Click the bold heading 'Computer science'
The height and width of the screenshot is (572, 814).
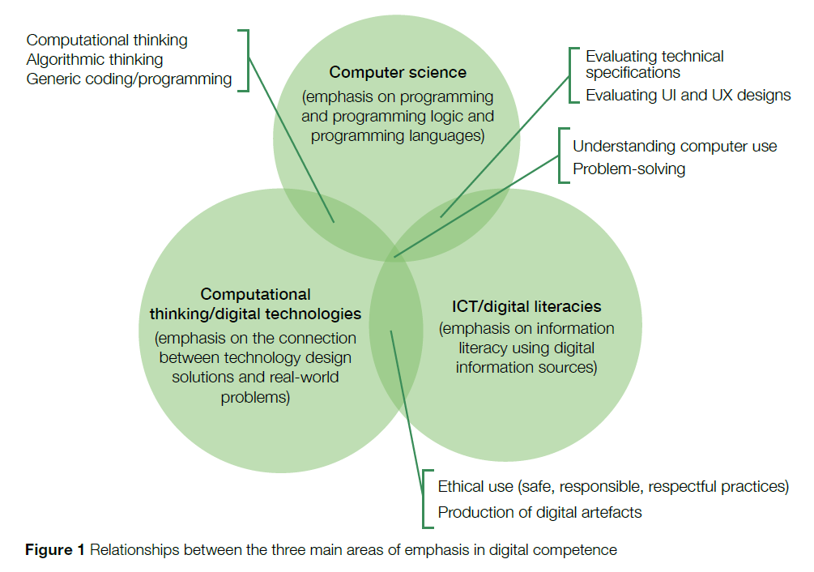pos(398,72)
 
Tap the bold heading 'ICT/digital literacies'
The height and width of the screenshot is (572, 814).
pos(526,306)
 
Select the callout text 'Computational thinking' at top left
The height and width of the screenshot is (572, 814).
pos(107,40)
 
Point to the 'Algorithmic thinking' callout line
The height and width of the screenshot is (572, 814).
pos(95,59)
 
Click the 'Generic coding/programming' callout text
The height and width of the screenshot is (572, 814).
pos(130,79)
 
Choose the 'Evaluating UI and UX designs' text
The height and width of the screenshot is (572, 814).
pos(688,95)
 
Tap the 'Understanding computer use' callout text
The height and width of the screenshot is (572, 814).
pos(675,146)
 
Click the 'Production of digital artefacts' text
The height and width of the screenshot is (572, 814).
pos(539,512)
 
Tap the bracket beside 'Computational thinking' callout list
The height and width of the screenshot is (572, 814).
pos(246,60)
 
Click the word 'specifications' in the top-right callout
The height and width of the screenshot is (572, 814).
pos(633,73)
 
